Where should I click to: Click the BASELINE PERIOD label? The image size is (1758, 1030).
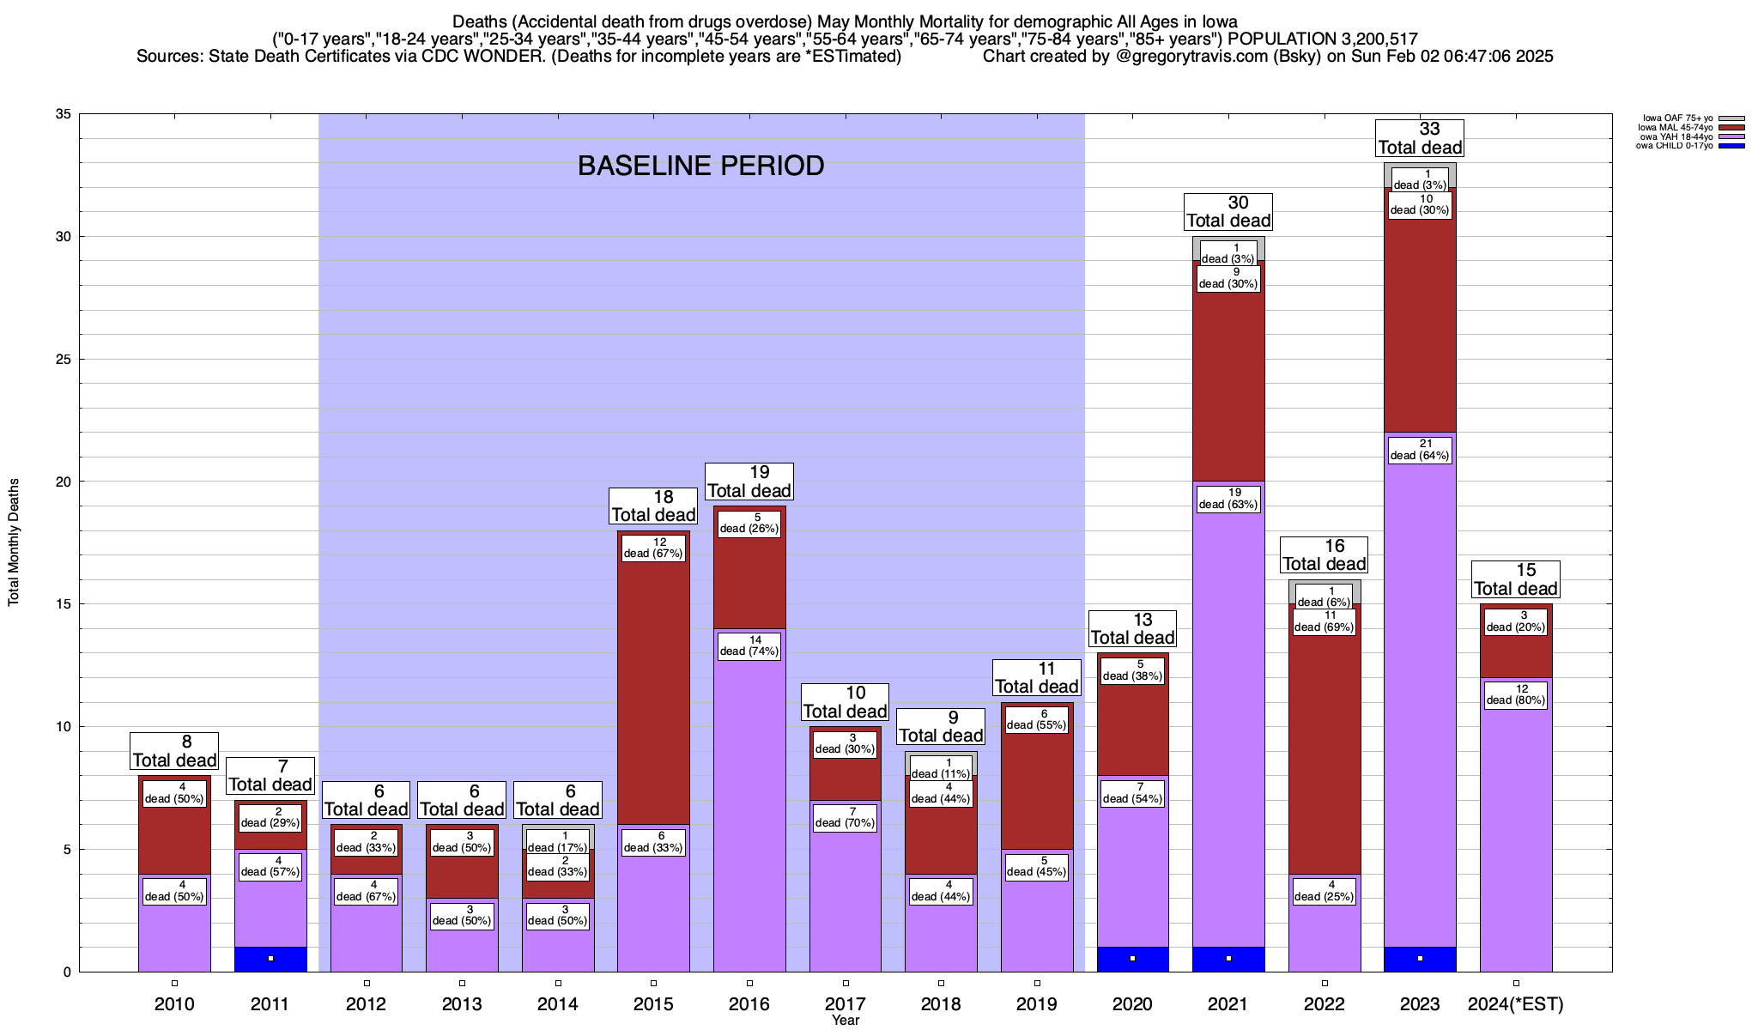pos(700,166)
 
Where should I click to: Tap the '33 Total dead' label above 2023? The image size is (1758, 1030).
pos(1420,138)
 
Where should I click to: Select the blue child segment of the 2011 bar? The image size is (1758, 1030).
pos(270,960)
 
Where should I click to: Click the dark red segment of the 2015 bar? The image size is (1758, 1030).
pos(653,687)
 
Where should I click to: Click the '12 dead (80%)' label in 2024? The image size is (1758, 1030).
pos(1516,694)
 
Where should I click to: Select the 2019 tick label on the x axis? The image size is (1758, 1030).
pos(1037,1004)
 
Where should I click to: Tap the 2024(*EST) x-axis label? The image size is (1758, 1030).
pos(1516,1004)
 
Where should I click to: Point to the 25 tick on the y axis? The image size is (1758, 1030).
pos(64,360)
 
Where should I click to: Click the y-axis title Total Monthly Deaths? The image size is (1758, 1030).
pos(14,542)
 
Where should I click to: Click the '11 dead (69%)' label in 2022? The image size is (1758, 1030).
pos(1324,621)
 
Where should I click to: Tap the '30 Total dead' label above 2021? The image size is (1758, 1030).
pos(1228,212)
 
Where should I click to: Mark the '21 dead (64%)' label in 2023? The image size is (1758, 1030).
pos(1420,450)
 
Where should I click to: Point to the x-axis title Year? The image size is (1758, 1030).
pos(845,1021)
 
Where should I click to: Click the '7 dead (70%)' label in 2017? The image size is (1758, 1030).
pos(845,817)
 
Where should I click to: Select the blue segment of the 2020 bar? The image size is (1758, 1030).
pos(1132,960)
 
